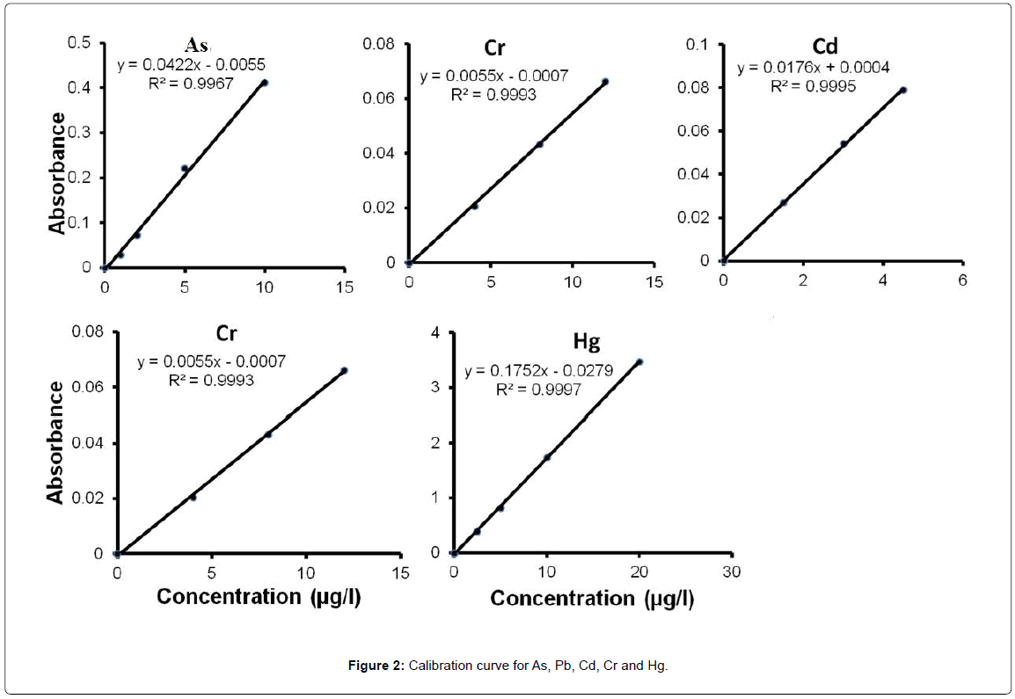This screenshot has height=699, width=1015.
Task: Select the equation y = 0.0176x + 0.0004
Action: (x=813, y=68)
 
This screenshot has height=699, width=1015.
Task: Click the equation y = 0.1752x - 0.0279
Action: (x=538, y=371)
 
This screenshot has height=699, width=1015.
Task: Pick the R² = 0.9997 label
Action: (x=538, y=390)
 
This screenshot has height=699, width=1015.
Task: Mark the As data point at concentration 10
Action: (x=264, y=83)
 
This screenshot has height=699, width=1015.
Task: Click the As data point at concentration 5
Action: (x=184, y=168)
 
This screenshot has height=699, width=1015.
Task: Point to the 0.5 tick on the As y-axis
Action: (x=81, y=42)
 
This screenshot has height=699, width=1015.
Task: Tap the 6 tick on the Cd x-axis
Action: (x=962, y=280)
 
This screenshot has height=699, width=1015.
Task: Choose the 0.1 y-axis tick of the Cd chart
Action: (x=697, y=44)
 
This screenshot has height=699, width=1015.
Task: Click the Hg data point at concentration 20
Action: (x=639, y=361)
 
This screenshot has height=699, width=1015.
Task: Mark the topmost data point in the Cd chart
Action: (x=902, y=90)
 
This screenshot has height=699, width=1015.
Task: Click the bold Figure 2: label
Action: (x=376, y=666)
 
